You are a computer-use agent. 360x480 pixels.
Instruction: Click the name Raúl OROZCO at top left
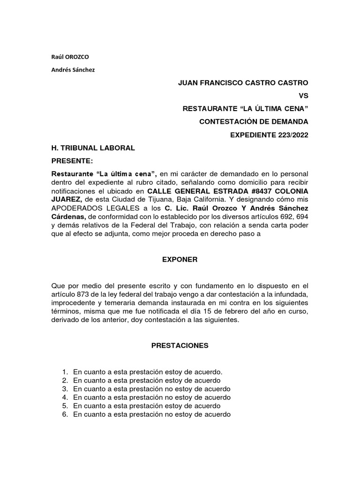coord(69,57)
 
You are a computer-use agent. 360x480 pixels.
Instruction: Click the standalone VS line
coord(303,96)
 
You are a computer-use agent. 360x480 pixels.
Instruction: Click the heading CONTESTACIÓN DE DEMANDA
coord(254,122)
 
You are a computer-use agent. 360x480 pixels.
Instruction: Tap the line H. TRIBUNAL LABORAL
coord(93,148)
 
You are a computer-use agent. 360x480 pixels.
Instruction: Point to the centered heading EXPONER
coord(180,259)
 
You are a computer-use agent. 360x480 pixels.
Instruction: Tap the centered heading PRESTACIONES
coord(180,346)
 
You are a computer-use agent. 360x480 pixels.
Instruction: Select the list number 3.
coord(65,389)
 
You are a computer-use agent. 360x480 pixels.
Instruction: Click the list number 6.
coord(65,414)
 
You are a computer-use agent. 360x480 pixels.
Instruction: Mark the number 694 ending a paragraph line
coord(301,217)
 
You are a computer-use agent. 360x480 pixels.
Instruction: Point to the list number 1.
coord(65,372)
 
